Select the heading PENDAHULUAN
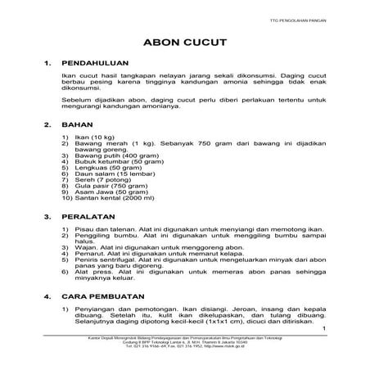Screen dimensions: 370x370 (107, 63)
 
